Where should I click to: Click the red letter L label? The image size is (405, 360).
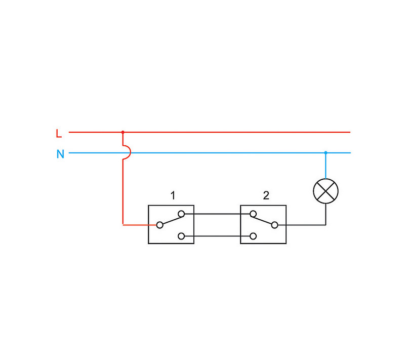click(59, 134)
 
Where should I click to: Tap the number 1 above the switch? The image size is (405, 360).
click(173, 195)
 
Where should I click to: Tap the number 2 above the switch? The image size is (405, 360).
click(266, 195)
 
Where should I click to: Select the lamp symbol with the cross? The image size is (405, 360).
click(326, 191)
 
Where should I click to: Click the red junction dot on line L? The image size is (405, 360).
click(123, 132)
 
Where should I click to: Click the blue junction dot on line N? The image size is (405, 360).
click(326, 152)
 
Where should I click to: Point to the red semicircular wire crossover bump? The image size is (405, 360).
click(127, 152)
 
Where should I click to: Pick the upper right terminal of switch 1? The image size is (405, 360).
click(181, 214)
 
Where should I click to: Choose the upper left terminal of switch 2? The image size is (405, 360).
click(252, 214)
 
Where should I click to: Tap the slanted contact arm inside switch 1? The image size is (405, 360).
click(170, 219)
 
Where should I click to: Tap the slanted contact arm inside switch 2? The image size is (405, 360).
click(263, 219)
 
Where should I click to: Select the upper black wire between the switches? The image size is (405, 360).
click(217, 214)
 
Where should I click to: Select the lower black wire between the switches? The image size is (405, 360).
click(217, 235)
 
